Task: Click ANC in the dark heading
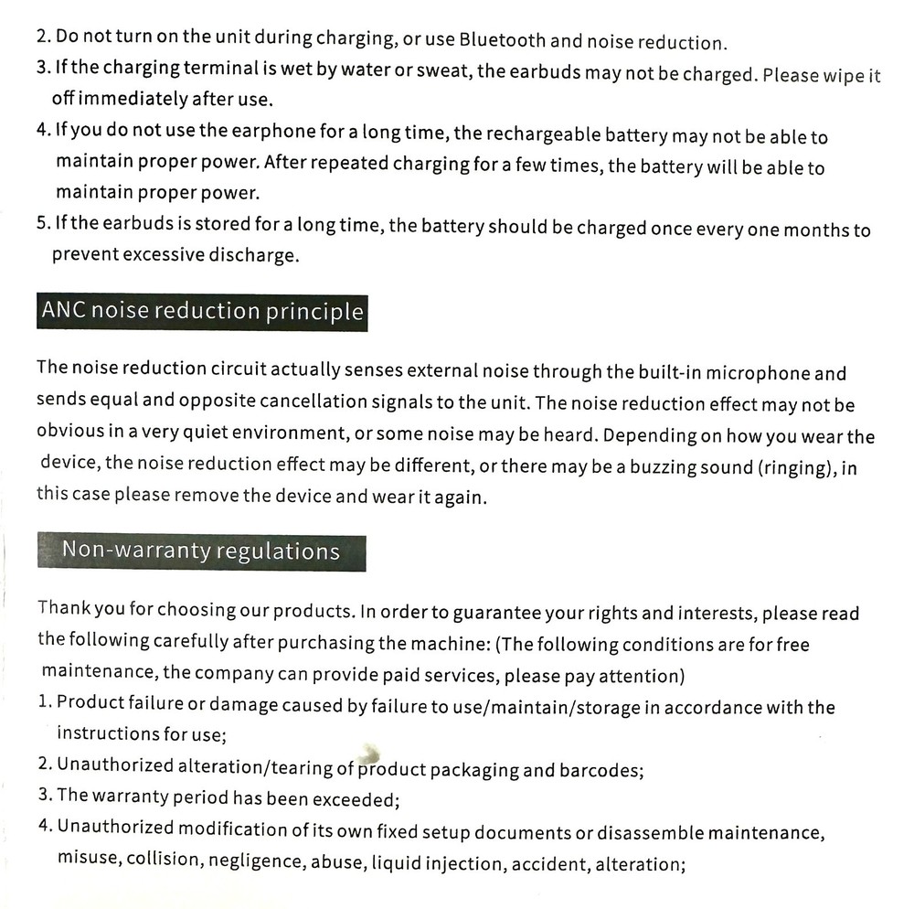[65, 312]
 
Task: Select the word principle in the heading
[314, 313]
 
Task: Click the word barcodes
[600, 770]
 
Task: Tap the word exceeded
[356, 799]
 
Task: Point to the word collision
[164, 861]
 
